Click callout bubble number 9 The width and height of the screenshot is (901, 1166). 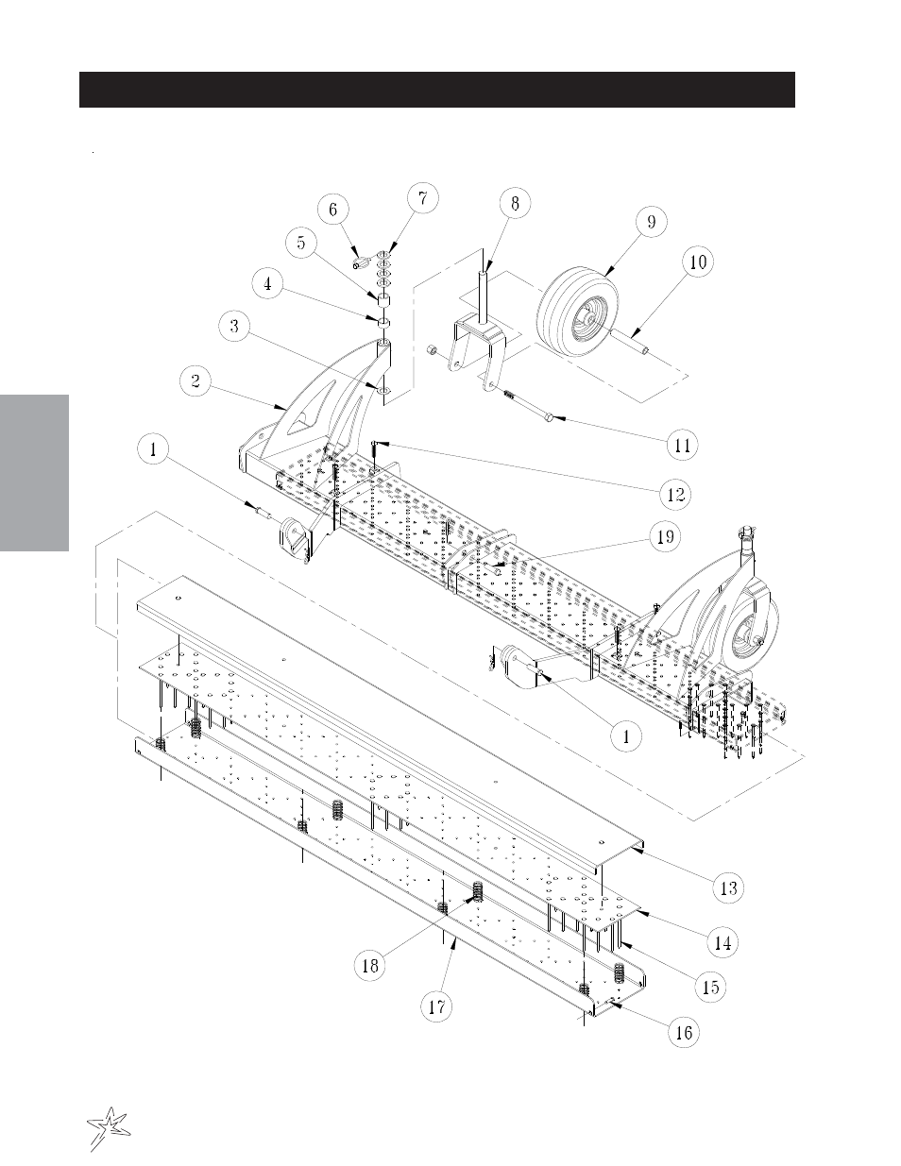(x=652, y=222)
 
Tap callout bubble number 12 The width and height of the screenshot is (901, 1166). (x=675, y=494)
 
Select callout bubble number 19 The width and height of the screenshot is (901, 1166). (x=666, y=536)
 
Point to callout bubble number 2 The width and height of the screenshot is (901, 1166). (x=195, y=381)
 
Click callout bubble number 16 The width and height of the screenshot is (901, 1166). (x=684, y=1032)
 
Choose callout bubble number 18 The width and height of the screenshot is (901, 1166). (x=370, y=966)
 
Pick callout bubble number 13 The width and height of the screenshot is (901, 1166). (x=728, y=888)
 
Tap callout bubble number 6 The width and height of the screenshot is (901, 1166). (x=332, y=210)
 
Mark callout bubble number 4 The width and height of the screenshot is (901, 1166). (x=267, y=284)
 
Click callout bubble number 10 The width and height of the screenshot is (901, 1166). (x=698, y=262)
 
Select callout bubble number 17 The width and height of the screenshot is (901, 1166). (x=437, y=1006)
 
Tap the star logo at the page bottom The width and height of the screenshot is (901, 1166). (x=109, y=1124)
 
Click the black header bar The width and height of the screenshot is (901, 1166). (x=437, y=90)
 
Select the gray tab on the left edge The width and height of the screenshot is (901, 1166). (x=34, y=473)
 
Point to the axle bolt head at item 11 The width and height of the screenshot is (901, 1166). (x=548, y=417)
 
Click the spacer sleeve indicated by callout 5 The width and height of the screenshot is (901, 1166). (x=384, y=301)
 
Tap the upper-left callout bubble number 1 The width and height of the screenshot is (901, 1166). (x=153, y=448)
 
